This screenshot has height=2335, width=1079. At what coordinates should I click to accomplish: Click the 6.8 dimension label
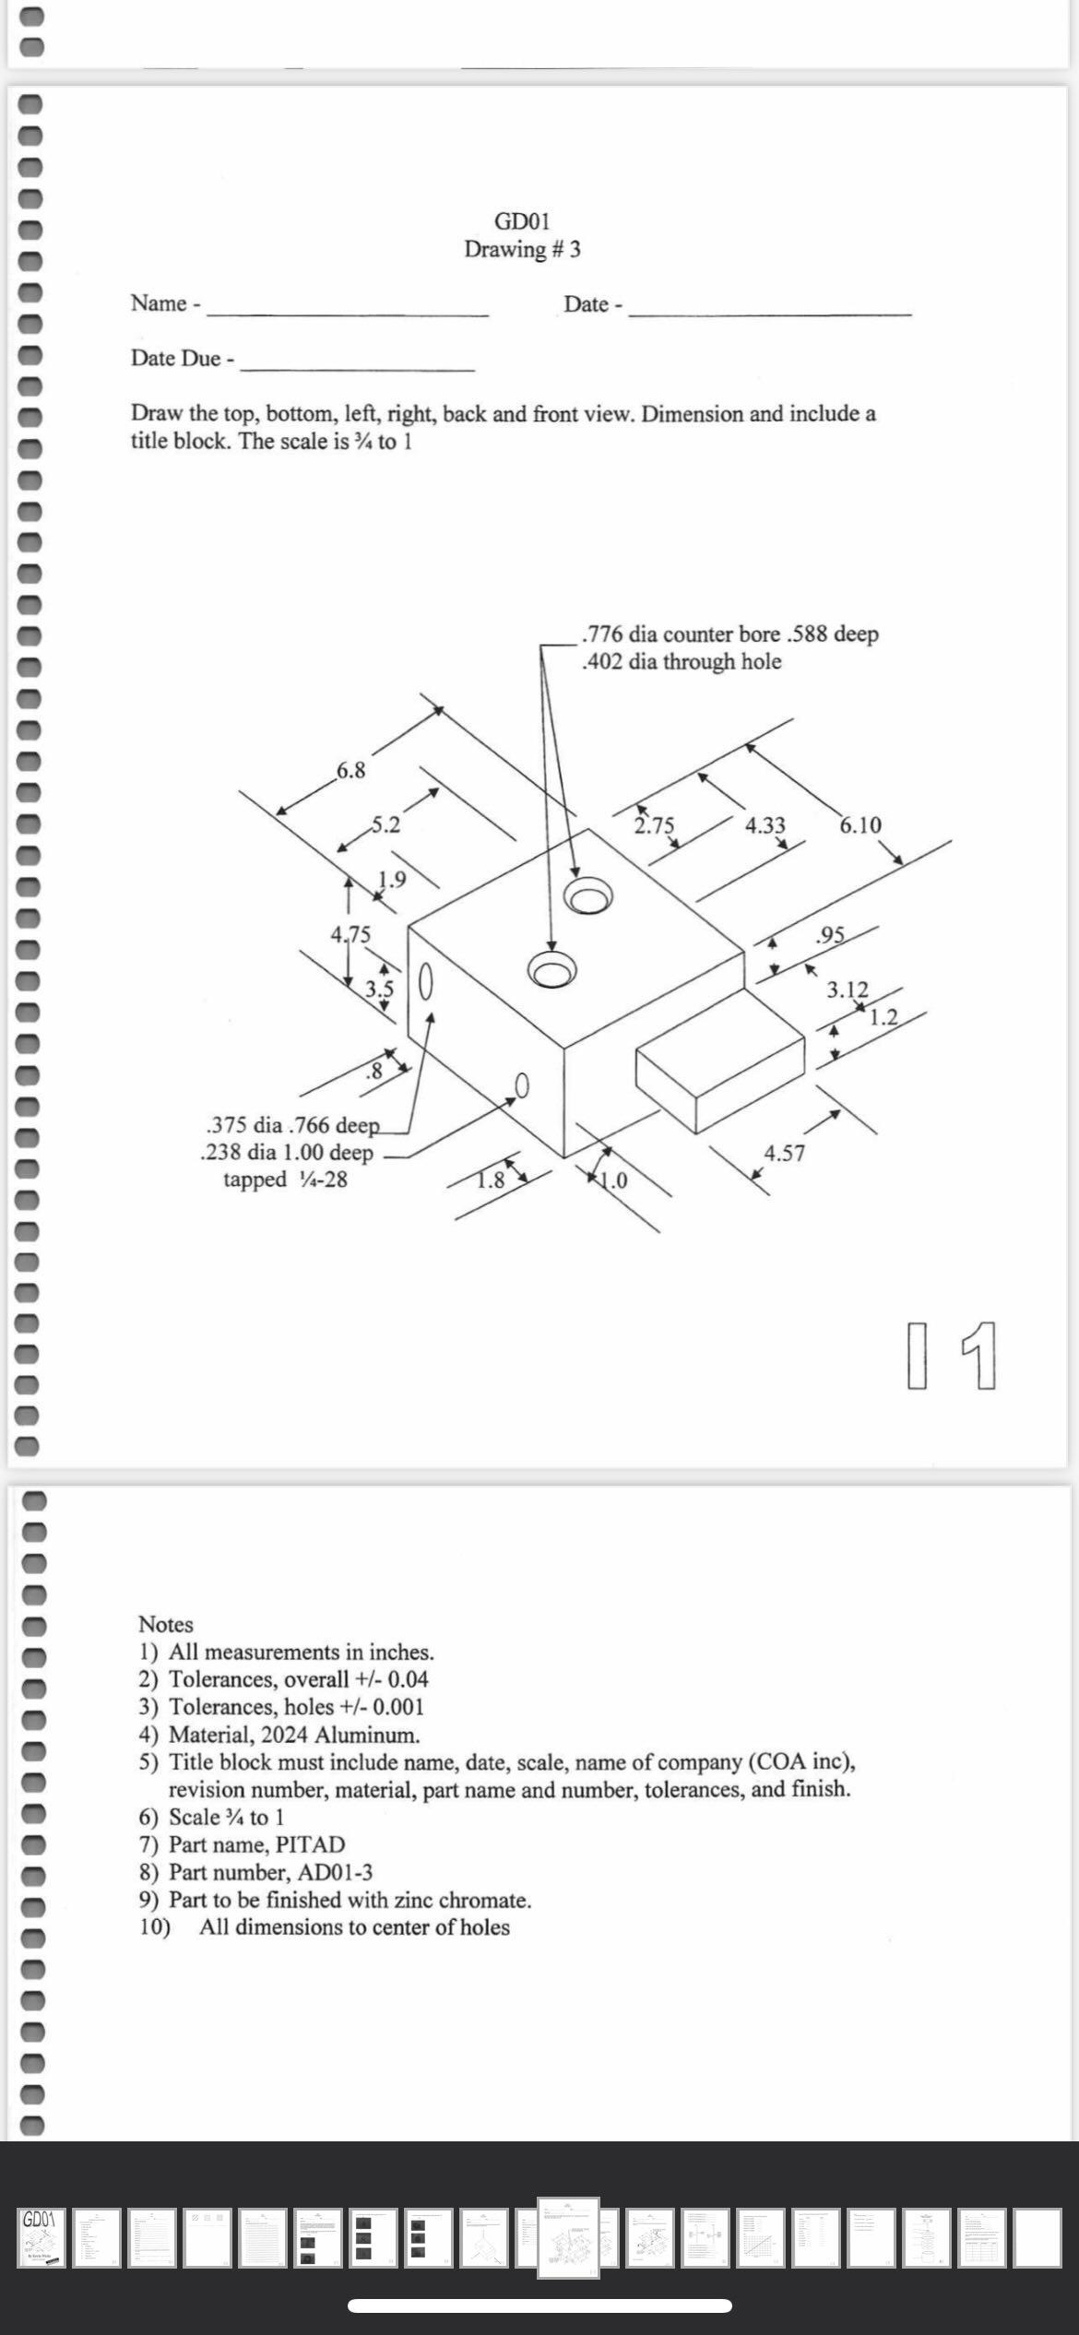[x=350, y=770]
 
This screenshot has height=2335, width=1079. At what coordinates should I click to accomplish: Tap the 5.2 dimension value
[x=385, y=825]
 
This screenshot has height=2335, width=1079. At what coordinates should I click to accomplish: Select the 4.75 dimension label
[x=350, y=934]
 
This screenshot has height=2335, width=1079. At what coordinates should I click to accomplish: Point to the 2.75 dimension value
[x=655, y=825]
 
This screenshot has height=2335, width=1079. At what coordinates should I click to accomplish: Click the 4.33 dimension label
[x=765, y=825]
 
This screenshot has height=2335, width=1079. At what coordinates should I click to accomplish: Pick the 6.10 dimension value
[x=860, y=825]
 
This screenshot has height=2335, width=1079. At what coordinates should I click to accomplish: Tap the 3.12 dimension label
[x=847, y=990]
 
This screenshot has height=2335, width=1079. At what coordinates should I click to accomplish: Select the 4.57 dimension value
[x=784, y=1153]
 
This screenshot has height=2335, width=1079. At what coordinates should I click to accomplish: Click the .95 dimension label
[x=831, y=935]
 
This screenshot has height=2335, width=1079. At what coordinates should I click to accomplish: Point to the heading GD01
[x=522, y=221]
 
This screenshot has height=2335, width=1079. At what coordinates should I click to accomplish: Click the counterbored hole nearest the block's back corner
[x=588, y=895]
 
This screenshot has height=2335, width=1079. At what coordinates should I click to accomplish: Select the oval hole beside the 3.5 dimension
[x=426, y=981]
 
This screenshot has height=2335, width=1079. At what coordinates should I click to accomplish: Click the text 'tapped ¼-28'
[x=285, y=1179]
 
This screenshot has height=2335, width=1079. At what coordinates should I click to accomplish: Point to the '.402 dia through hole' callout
[x=682, y=662]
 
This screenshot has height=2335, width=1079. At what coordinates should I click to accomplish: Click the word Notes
[x=166, y=1625]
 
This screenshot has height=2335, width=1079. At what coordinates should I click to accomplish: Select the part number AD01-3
[x=336, y=1872]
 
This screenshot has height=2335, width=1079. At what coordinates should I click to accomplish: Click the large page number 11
[x=952, y=1356]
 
